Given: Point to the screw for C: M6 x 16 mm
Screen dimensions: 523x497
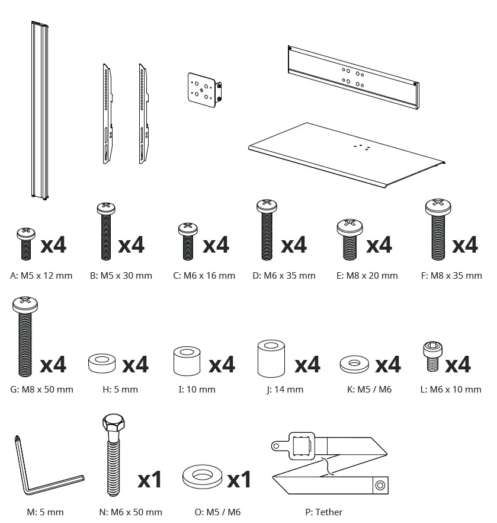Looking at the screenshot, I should click(x=188, y=241).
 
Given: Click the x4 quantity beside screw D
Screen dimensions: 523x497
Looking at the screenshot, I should click(x=293, y=244).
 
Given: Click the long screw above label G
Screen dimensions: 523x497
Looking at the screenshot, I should click(x=25, y=338).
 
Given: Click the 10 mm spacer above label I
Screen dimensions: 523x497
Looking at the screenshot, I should click(x=187, y=362).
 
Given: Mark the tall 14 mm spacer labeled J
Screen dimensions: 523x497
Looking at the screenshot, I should click(x=271, y=359).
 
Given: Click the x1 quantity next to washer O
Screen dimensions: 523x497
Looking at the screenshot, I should click(x=239, y=479).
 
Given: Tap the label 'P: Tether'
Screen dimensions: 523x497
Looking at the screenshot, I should click(x=320, y=512).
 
